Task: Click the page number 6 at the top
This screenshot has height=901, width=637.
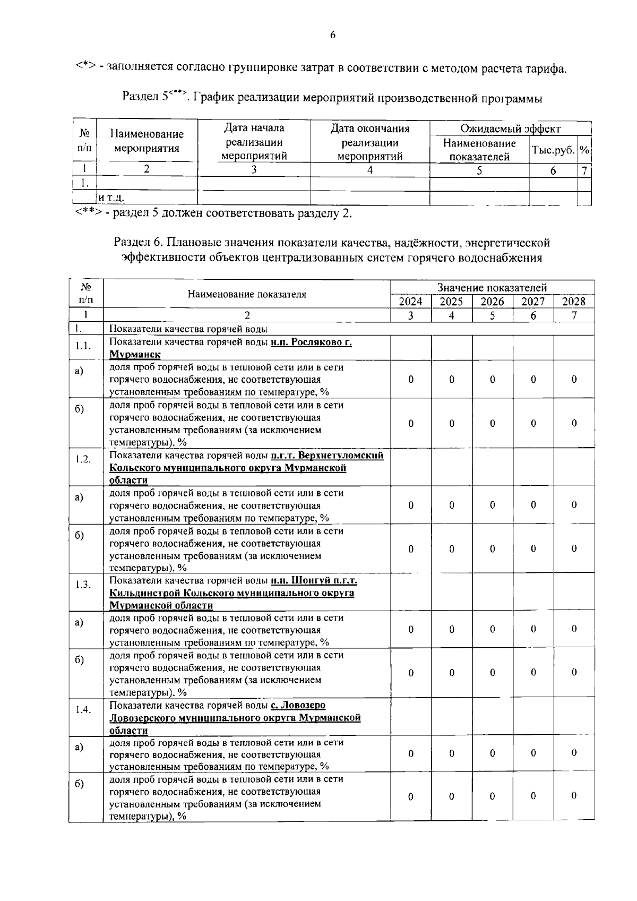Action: click(333, 36)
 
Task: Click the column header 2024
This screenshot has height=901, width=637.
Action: click(410, 302)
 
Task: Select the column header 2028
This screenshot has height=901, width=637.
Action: click(573, 302)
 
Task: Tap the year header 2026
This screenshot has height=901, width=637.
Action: click(492, 302)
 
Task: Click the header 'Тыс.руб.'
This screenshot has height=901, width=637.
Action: click(553, 150)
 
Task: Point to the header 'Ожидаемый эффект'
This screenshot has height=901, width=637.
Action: click(510, 128)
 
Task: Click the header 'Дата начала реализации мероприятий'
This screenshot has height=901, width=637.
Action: click(254, 142)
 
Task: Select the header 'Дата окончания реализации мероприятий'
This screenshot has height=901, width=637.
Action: click(370, 142)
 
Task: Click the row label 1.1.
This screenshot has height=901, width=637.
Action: click(83, 346)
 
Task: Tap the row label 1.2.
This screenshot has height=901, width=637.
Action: click(83, 460)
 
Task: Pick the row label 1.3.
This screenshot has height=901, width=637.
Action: click(83, 584)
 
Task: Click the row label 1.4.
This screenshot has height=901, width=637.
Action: click(83, 709)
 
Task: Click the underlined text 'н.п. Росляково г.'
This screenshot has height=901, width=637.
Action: click(311, 342)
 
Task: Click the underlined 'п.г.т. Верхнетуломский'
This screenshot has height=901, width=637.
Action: click(327, 456)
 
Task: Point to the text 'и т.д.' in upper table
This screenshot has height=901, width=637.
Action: click(111, 198)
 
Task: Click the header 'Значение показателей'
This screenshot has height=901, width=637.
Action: click(492, 288)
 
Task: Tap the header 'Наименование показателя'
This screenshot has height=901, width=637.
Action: click(247, 295)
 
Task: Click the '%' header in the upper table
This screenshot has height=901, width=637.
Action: click(584, 150)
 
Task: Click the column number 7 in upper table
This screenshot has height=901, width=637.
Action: click(584, 170)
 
